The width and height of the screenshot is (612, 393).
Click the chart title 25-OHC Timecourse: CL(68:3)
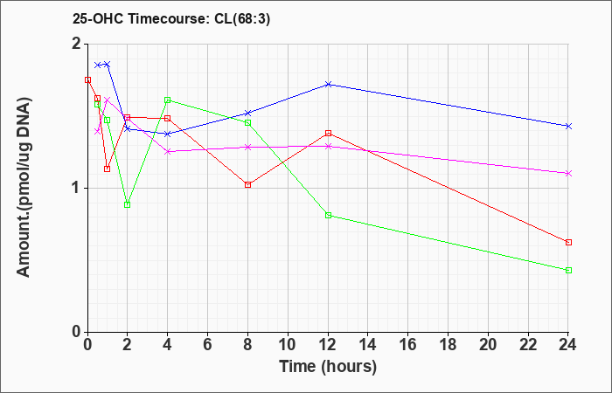tap(171, 19)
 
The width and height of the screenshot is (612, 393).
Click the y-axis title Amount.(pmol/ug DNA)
tap(24, 188)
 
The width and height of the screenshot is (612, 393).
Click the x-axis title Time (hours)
tap(328, 367)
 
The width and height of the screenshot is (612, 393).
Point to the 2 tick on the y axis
tap(78, 44)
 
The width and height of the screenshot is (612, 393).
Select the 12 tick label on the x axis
tap(328, 345)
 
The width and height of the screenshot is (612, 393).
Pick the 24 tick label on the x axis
tap(568, 345)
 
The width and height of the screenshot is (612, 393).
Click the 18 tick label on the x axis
tap(448, 345)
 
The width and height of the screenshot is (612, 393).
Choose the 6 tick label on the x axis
tap(208, 345)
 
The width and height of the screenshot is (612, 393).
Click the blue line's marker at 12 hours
tap(328, 84)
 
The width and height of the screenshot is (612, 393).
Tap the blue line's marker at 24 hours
tap(568, 127)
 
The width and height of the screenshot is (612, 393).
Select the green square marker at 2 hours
tap(128, 204)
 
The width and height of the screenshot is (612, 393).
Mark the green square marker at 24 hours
tap(568, 270)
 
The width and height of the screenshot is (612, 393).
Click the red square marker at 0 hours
tap(87, 80)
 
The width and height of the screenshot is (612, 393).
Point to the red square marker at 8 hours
tap(247, 185)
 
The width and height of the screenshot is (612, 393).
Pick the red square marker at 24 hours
tap(568, 243)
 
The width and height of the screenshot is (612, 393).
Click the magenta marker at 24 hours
tap(568, 173)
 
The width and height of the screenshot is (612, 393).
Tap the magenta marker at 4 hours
tap(168, 151)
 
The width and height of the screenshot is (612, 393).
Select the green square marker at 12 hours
tap(328, 215)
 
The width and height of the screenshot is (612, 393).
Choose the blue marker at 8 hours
tap(247, 113)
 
